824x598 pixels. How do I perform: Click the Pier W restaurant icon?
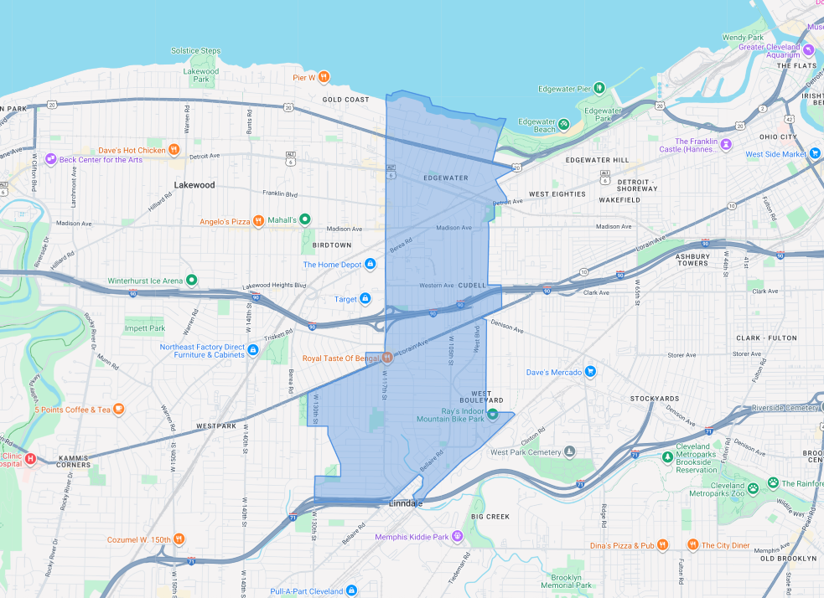324,77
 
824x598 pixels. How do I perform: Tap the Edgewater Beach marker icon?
564,125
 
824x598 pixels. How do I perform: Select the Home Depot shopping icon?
370,265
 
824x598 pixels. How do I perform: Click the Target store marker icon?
365,299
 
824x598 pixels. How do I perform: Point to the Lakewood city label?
194,185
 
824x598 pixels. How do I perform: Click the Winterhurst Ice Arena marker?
192,280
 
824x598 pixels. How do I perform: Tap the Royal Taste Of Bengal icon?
387,358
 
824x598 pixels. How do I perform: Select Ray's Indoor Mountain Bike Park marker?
493,414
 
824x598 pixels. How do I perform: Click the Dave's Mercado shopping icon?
590,372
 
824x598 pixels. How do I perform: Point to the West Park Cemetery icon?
569,452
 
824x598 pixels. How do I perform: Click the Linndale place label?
407,503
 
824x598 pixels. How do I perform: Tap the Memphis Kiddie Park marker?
457,536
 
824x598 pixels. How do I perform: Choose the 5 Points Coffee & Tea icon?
119,410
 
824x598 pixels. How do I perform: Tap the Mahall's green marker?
306,219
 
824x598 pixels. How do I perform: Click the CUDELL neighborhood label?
472,286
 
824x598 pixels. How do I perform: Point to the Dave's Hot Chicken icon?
174,150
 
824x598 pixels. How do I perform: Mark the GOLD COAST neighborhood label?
346,100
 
